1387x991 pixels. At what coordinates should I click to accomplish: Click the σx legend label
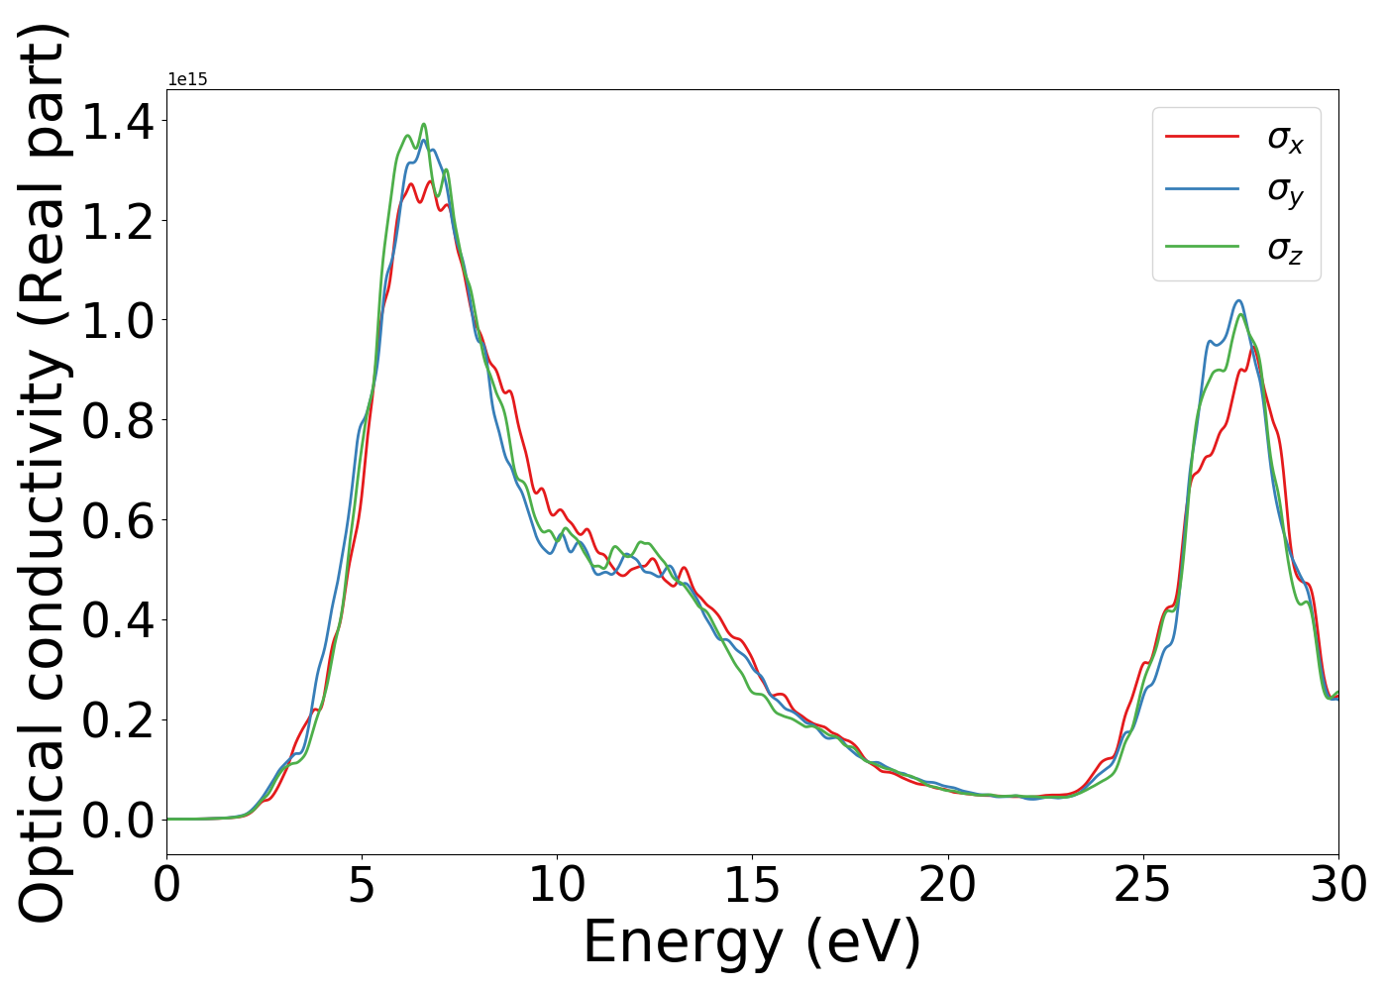[1285, 138]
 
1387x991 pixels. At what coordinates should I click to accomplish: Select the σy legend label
[1285, 190]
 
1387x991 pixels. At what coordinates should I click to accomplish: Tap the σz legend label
[1285, 247]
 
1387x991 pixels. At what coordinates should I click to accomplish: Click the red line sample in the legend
[1202, 136]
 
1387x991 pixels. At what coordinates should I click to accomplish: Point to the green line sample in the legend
[1202, 245]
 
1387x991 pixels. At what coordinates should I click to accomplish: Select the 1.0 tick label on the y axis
[118, 321]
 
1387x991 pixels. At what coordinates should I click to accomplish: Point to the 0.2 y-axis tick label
[118, 720]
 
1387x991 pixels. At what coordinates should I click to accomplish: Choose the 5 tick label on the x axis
[362, 885]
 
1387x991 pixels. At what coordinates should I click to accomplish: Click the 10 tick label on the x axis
[557, 885]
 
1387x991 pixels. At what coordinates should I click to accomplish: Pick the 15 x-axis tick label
[752, 885]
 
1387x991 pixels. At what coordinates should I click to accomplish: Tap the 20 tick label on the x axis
[948, 885]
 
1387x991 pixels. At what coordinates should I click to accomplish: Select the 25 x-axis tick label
[1143, 885]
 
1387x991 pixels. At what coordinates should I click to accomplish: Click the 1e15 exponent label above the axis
[187, 79]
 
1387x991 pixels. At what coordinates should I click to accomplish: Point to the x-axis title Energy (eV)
[752, 942]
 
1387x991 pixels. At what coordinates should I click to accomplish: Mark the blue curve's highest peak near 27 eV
[1238, 301]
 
